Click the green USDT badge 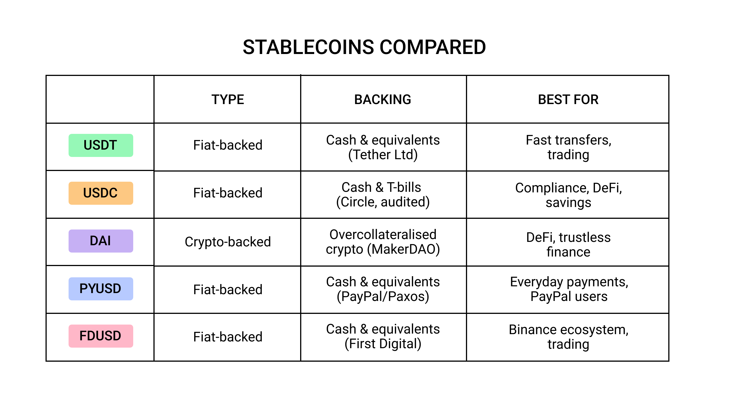pos(101,145)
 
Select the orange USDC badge pos(101,193)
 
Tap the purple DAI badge pos(101,241)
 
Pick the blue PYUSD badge pos(101,289)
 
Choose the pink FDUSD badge pos(101,336)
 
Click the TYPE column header pos(228,100)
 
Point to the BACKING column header pos(382,100)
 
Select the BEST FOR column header pos(568,100)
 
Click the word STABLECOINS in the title pos(309,47)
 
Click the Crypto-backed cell pos(228,242)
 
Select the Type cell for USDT pos(228,145)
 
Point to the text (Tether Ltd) pos(382,155)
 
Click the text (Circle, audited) pos(382,202)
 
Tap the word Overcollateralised pos(382,235)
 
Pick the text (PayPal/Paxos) pos(382,296)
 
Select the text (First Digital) pos(382,344)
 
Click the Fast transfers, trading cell pos(568,147)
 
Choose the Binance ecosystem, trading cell pos(568,337)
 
